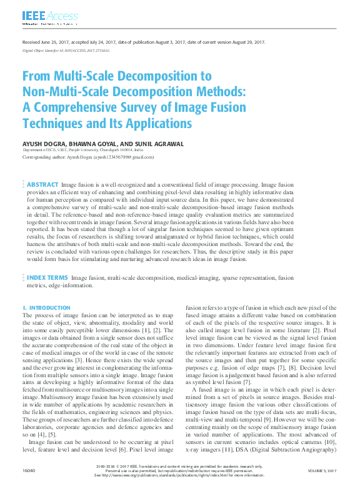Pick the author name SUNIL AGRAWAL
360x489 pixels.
tap(159, 144)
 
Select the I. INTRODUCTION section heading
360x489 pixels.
tap(47, 308)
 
